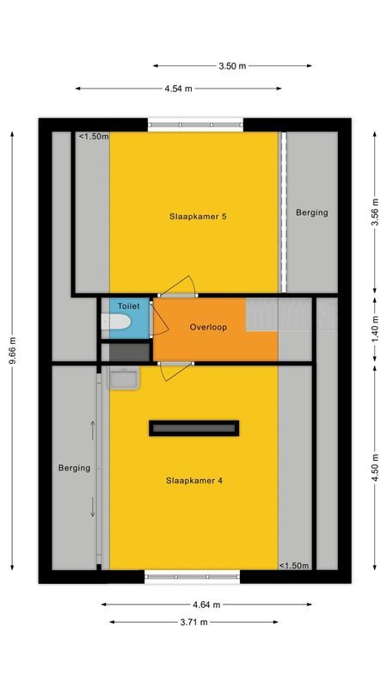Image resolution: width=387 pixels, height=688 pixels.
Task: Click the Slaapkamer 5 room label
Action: [x=198, y=217]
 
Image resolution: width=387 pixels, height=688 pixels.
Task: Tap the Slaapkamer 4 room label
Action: [x=194, y=481]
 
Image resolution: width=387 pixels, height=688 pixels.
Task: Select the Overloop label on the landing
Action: [x=208, y=328]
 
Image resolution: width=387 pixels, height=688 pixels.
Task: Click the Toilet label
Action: [x=128, y=305]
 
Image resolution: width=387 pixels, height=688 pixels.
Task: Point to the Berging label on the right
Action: [x=312, y=212]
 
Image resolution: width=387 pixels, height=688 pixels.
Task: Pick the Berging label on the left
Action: [x=74, y=468]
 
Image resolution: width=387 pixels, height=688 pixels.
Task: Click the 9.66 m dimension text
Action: [x=12, y=351]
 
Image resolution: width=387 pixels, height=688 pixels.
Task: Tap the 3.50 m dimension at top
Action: [x=232, y=65]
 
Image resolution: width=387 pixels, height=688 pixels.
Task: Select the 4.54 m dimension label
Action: [x=178, y=89]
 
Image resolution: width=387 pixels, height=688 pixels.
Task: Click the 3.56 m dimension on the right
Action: [x=375, y=212]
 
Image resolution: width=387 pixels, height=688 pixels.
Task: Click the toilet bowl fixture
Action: [x=116, y=322]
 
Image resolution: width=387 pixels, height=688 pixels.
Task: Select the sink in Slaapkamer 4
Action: [x=124, y=378]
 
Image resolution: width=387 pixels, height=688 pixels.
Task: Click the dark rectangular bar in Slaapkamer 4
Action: [x=193, y=427]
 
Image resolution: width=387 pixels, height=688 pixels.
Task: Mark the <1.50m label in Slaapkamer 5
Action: [x=94, y=137]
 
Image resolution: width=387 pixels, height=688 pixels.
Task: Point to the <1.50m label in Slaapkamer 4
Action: [x=294, y=565]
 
